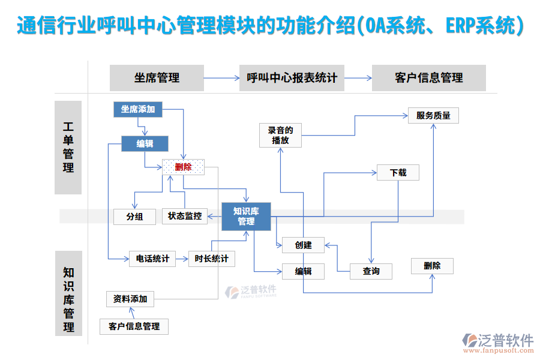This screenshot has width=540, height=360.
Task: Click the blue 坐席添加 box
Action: [x=138, y=109]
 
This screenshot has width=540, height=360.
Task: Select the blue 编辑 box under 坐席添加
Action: [x=145, y=143]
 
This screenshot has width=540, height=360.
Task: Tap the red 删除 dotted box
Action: [x=183, y=167]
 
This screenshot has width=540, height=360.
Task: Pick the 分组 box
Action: [x=134, y=217]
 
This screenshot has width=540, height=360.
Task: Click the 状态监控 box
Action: [x=184, y=216]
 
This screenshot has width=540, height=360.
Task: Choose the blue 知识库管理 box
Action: [x=246, y=217]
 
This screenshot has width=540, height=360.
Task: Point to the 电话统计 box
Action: [x=152, y=259]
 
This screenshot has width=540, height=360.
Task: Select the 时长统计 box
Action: [x=211, y=259]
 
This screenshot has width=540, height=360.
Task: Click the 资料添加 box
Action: [x=130, y=298]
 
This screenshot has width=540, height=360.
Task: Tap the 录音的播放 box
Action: [x=280, y=135]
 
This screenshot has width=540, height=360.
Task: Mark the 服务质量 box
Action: [x=433, y=115]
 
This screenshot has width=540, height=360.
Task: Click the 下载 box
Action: [x=398, y=173]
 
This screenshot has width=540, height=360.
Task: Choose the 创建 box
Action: [x=303, y=245]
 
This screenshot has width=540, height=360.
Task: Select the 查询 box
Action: [x=371, y=271]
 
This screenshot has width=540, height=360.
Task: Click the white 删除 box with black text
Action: [x=432, y=266]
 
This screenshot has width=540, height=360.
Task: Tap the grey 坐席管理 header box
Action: [x=157, y=78]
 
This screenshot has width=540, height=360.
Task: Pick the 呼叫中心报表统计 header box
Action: [x=292, y=78]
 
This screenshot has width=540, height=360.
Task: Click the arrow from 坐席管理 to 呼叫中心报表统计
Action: [x=221, y=78]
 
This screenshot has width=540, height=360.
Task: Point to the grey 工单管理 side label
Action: [x=68, y=148]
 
